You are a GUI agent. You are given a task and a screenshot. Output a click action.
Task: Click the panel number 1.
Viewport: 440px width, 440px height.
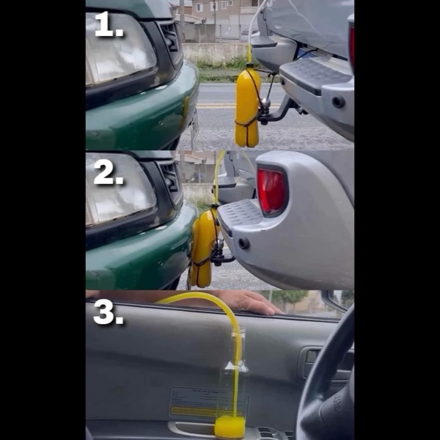109,24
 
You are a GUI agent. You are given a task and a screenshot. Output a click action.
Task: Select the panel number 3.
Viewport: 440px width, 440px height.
109,312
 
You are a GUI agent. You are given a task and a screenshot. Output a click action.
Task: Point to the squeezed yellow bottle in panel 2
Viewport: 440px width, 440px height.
202,247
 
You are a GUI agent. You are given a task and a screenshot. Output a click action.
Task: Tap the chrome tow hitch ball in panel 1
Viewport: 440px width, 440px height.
265,103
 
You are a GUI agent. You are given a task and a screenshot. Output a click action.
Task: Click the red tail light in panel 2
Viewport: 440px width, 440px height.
271,191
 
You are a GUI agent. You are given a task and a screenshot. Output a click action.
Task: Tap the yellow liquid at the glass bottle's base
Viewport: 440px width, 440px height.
230,426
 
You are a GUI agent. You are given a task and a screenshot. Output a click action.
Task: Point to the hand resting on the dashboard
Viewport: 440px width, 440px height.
250,302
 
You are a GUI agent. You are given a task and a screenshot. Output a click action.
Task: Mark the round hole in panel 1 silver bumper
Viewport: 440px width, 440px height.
338,102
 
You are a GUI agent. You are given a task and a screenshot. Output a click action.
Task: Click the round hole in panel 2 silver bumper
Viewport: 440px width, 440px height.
243,243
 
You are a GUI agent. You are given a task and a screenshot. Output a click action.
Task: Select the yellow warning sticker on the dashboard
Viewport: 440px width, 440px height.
194,411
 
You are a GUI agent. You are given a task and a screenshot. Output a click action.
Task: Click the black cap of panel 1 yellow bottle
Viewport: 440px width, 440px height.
250,65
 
